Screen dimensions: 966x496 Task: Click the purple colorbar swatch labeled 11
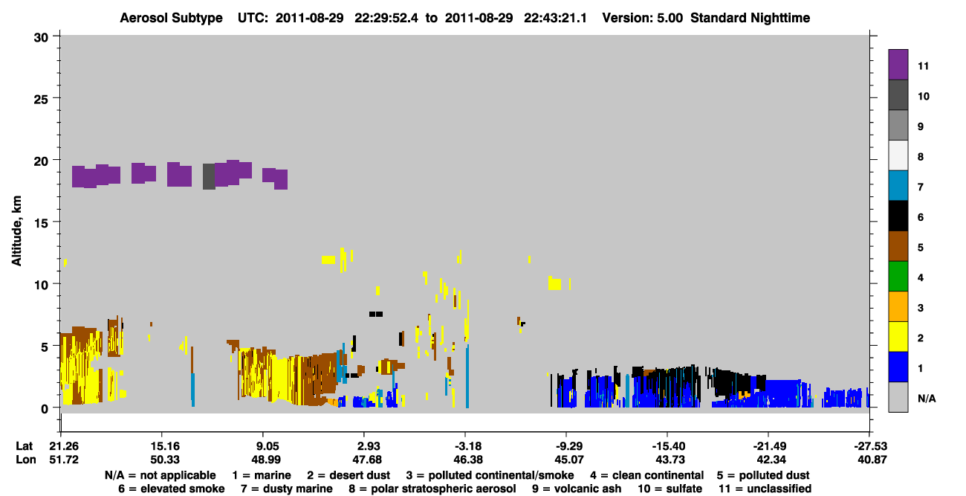point(898,64)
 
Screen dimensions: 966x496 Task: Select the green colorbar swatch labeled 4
point(898,276)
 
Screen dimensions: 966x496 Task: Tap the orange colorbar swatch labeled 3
point(898,306)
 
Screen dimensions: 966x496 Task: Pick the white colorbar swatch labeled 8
point(898,155)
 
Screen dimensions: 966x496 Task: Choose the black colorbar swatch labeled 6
point(898,216)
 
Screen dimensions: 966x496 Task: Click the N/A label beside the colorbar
point(927,399)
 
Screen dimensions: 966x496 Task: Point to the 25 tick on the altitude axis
point(41,100)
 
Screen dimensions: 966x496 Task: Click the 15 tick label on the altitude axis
point(41,223)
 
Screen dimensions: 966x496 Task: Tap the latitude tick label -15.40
point(669,445)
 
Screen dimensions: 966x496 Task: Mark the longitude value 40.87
point(872,460)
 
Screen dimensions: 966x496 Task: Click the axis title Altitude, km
point(16,231)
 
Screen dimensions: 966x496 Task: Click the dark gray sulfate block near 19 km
point(209,176)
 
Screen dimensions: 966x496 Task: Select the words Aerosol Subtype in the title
point(171,18)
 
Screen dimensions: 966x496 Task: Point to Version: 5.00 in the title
point(642,18)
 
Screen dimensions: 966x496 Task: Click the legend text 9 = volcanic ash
point(576,489)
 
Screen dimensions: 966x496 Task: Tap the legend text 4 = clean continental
point(647,475)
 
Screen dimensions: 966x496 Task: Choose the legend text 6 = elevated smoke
point(171,489)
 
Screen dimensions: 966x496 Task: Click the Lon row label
point(26,460)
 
